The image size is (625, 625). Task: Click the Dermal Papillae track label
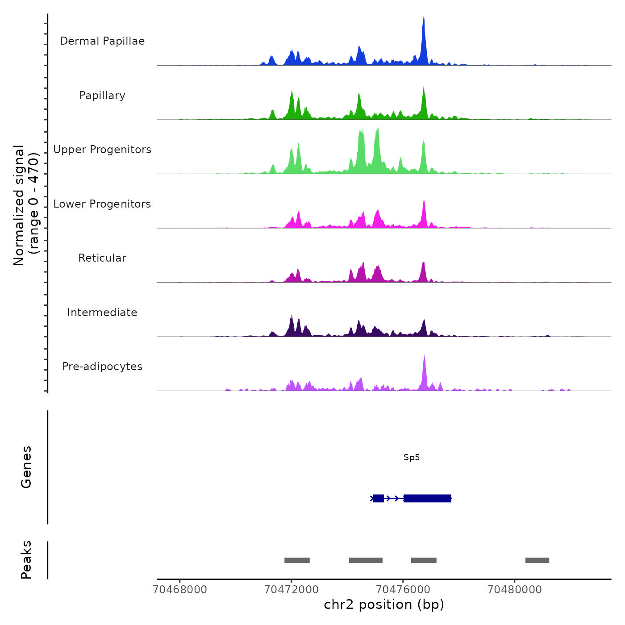pos(102,41)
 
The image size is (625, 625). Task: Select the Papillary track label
pos(102,96)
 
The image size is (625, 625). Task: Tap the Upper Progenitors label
pos(102,150)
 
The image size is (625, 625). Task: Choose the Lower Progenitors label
pos(102,204)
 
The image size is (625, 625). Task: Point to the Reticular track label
pos(102,258)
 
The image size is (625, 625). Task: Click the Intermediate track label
pos(102,312)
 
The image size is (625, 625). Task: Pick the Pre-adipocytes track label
pos(102,367)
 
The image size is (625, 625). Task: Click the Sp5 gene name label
pos(412,458)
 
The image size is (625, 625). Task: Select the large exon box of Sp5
pos(427,498)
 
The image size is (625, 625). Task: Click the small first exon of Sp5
pos(378,498)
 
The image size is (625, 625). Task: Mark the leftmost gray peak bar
pos(297,560)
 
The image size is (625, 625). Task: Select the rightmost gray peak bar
pos(537,560)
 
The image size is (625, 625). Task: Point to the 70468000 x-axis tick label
pos(180,590)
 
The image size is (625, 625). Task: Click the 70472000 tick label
pos(292,590)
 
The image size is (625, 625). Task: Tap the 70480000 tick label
pos(515,590)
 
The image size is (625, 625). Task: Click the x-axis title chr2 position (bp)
pos(384,604)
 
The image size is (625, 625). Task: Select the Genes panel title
pos(26,467)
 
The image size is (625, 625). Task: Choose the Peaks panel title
pos(26,560)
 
